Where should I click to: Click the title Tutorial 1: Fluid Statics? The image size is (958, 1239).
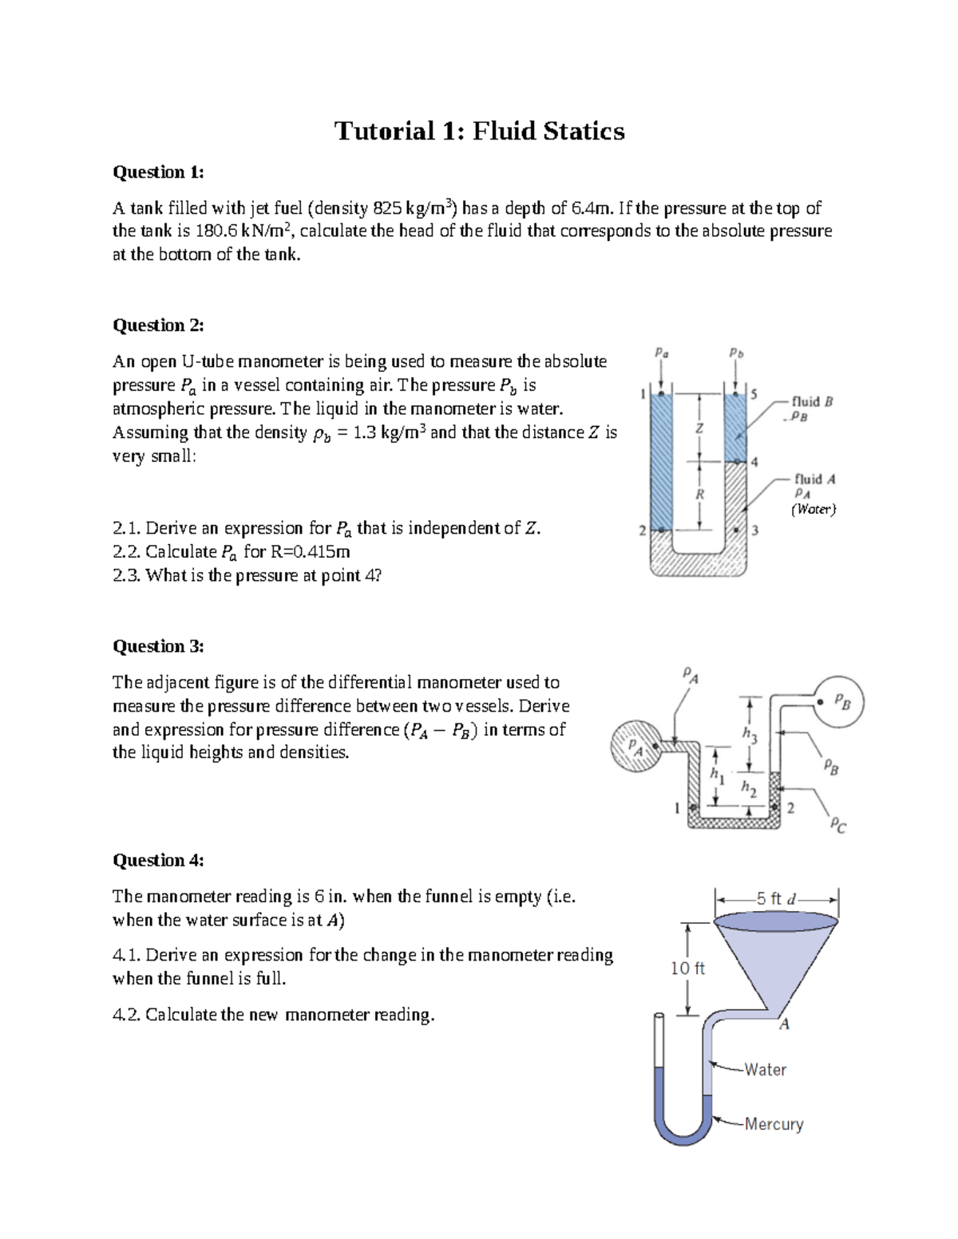point(479,131)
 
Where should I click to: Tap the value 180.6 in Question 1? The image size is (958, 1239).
point(216,231)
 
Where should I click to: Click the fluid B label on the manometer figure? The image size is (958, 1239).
point(813,401)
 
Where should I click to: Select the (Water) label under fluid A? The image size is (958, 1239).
point(814,509)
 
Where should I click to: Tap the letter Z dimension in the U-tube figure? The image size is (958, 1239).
point(699,428)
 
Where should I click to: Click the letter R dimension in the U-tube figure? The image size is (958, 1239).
point(699,495)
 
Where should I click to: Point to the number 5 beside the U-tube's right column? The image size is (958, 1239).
point(754,394)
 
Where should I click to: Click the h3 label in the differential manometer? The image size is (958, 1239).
point(749,735)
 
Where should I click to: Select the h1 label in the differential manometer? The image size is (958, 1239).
point(718,774)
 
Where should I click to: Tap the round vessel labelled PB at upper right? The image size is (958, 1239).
point(838,701)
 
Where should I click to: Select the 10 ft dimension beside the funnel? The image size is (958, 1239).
point(687,969)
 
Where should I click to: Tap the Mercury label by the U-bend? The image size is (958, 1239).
point(774,1124)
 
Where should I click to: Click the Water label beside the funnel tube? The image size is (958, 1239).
point(765,1070)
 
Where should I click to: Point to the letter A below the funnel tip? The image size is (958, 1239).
point(785,1024)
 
